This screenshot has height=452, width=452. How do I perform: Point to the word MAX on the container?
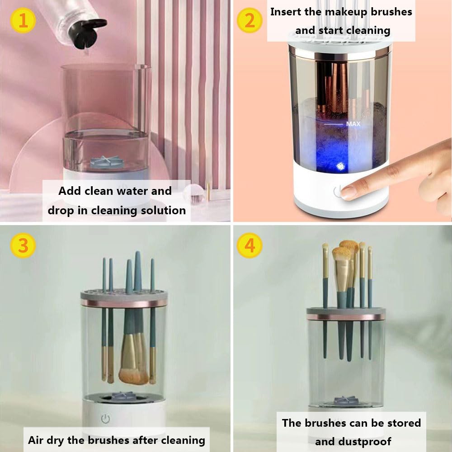[353, 123]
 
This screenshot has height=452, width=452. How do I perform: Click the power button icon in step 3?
[105, 419]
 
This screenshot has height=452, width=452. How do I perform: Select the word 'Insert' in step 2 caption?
[286, 12]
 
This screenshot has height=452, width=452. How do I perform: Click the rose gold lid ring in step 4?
[346, 317]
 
